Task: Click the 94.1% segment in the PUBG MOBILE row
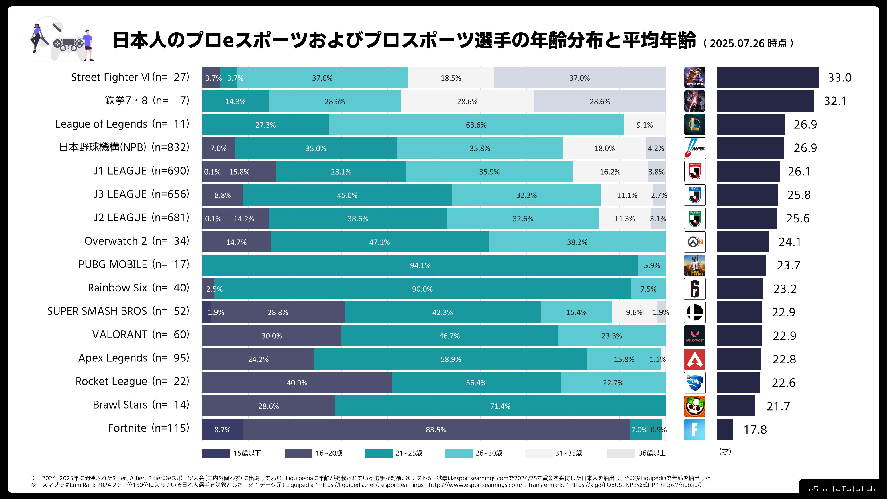click(x=420, y=265)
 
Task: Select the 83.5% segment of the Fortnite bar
click(x=436, y=429)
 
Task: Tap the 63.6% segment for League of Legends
click(x=476, y=125)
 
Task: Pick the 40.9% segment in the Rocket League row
click(x=297, y=383)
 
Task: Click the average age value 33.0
click(x=840, y=78)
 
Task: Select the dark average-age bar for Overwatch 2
click(x=743, y=242)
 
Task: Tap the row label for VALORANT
click(x=141, y=335)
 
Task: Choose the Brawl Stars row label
click(x=141, y=405)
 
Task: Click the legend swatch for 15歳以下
click(x=216, y=453)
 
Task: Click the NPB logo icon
click(x=695, y=148)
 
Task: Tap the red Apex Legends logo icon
click(x=695, y=359)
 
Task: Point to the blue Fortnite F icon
click(x=695, y=429)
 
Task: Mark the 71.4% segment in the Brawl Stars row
click(x=500, y=406)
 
